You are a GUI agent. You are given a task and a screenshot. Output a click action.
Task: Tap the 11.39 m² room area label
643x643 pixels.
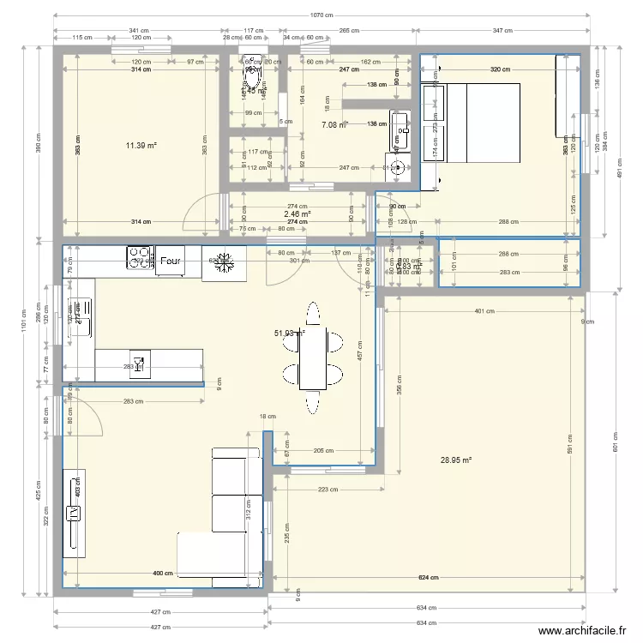point(141,146)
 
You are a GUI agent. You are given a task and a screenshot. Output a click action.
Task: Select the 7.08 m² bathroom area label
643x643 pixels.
point(334,125)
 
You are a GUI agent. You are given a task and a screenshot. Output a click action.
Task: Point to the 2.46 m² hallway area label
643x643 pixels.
point(297,214)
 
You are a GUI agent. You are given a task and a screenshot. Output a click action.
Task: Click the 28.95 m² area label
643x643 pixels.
point(456,460)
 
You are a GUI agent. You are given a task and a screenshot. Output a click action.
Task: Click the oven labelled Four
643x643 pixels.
point(170,261)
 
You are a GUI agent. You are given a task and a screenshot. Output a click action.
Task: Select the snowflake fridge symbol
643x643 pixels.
point(222,261)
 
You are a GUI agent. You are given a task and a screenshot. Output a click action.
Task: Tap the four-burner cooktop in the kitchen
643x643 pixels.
point(139,257)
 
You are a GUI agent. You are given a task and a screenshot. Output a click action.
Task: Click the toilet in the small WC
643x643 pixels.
point(253,80)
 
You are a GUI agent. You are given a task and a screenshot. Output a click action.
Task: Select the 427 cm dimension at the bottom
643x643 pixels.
point(161,612)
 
